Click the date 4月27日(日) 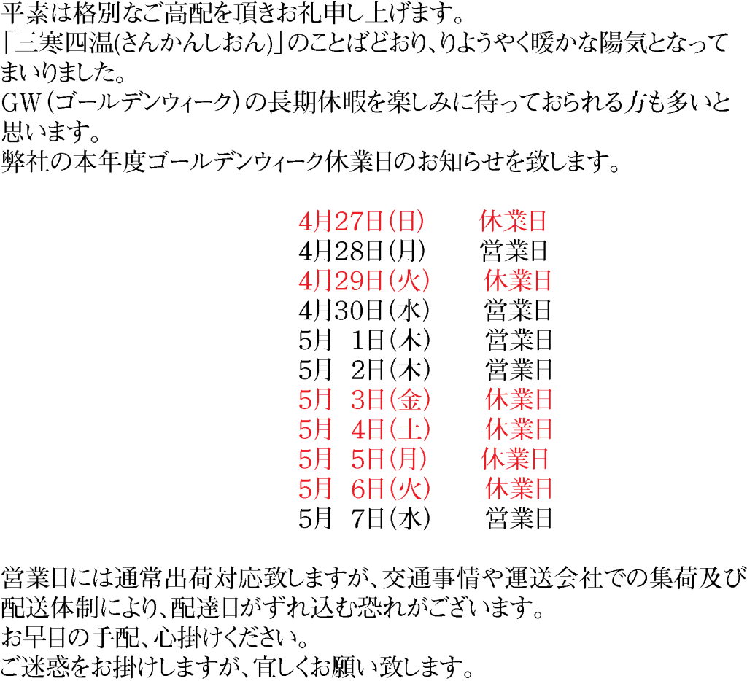click(x=361, y=221)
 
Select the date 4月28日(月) click(x=362, y=251)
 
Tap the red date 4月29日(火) click(x=364, y=281)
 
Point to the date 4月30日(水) click(x=364, y=311)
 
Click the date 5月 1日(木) click(x=364, y=340)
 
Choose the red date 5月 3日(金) click(x=364, y=400)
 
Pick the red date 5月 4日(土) click(x=364, y=429)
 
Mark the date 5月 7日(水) click(x=364, y=518)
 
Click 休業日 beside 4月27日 click(x=513, y=221)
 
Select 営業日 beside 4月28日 click(x=514, y=251)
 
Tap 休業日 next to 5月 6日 click(x=519, y=489)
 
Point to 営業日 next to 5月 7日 click(x=519, y=518)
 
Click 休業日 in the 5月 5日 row click(x=514, y=459)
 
